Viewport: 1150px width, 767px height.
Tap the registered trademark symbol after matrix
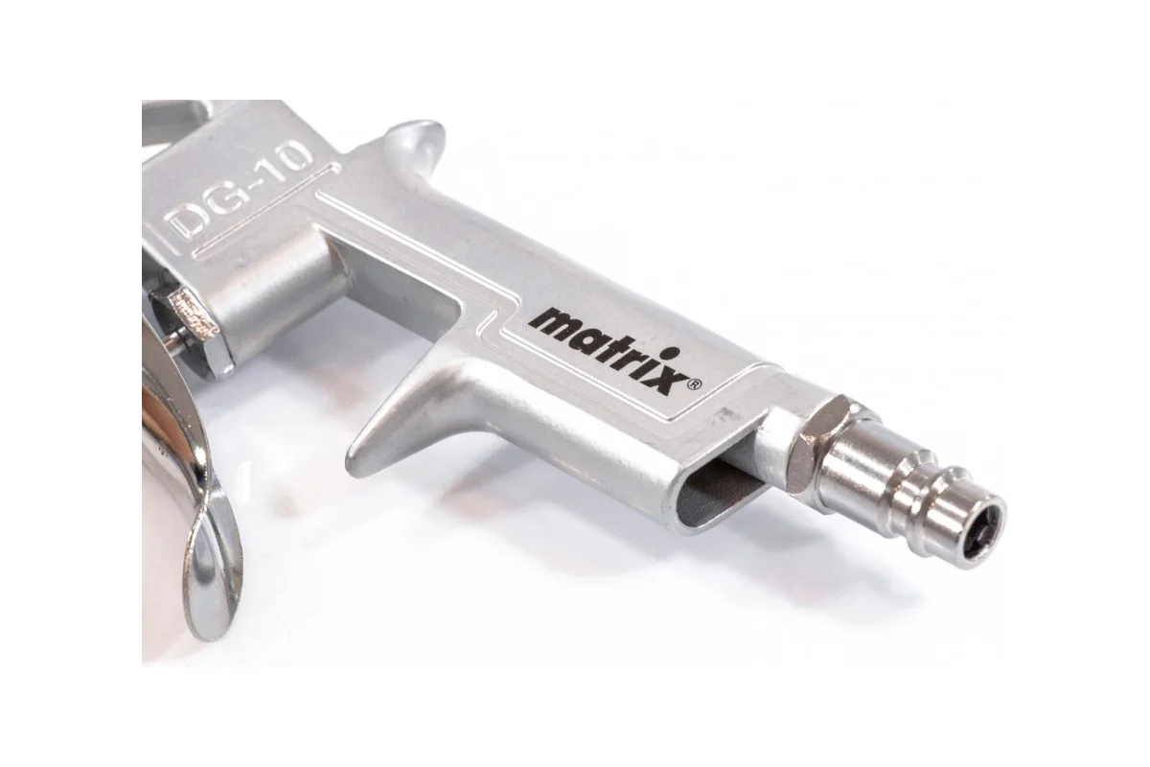pos(693,384)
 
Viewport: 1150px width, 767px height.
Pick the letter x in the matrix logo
pos(670,382)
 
